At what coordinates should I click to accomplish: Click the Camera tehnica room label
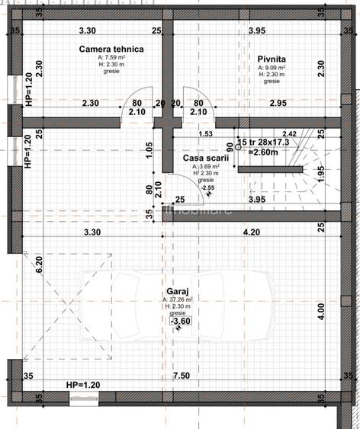tap(111, 49)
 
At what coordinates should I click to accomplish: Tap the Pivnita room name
tap(272, 58)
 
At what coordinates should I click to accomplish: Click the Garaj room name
tap(178, 291)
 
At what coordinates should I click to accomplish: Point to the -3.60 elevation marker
tap(180, 322)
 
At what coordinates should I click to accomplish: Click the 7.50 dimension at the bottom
tap(181, 376)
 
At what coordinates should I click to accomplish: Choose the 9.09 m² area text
tap(272, 68)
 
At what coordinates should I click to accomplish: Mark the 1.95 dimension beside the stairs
tap(321, 173)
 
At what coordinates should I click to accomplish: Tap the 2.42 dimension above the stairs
tap(289, 134)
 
